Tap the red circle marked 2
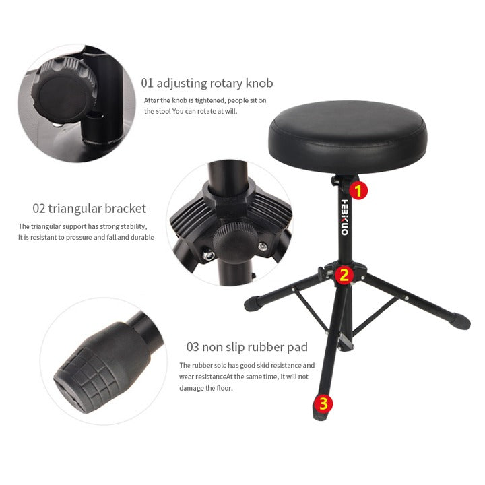click(344, 275)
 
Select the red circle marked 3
click(323, 403)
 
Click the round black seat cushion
click(348, 137)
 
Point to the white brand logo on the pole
click(345, 218)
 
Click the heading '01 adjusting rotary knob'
click(207, 84)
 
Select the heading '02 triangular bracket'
click(89, 208)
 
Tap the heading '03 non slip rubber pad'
click(247, 347)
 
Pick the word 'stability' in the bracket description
click(133, 227)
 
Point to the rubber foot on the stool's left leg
click(253, 303)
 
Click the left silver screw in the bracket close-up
click(207, 255)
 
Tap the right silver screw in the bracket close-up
click(263, 247)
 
